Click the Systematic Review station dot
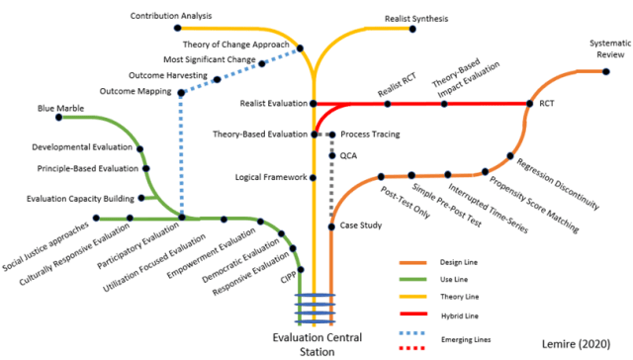pyautogui.click(x=603, y=70)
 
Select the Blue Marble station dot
pyautogui.click(x=59, y=118)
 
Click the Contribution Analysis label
pyautogui.click(x=171, y=16)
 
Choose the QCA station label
pyautogui.click(x=347, y=155)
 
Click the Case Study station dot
pyautogui.click(x=330, y=226)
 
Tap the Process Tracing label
pyautogui.click(x=373, y=135)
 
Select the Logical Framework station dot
pyautogui.click(x=313, y=178)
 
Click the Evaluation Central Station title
pyautogui.click(x=317, y=342)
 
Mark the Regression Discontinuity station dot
pyautogui.click(x=509, y=155)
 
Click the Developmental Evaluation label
pyautogui.click(x=82, y=147)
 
